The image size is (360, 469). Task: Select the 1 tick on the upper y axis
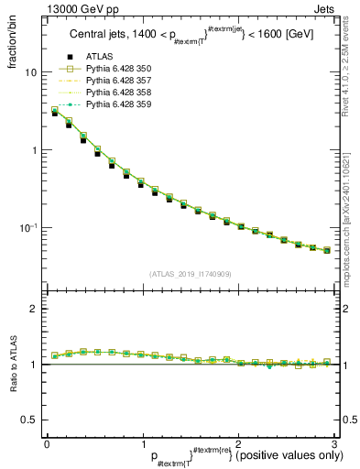click(33, 150)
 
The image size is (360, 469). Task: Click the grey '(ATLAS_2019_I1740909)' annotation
click(190, 274)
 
